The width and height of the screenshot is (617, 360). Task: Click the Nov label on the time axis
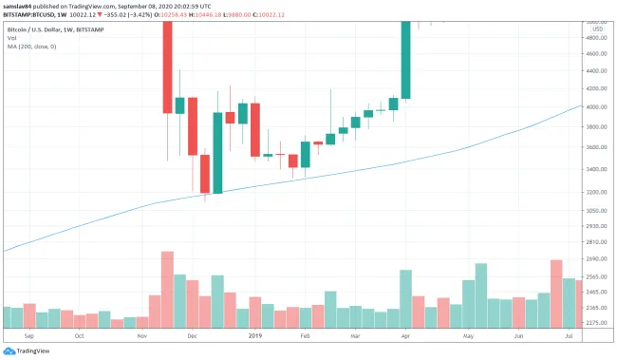pyautogui.click(x=141, y=336)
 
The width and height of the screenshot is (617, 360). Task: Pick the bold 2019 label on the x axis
pyautogui.click(x=254, y=336)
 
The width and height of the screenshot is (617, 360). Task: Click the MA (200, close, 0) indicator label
pyautogui.click(x=38, y=48)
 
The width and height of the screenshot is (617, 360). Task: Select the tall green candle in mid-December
pyautogui.click(x=217, y=153)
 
